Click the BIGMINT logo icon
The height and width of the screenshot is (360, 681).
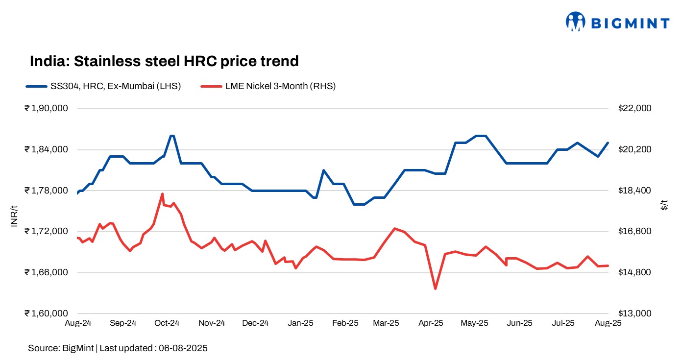coord(576,22)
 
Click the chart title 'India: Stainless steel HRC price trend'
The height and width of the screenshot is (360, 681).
coord(164,61)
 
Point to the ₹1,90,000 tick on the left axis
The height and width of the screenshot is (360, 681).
coord(46,108)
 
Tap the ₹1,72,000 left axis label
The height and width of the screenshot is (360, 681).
coord(46,232)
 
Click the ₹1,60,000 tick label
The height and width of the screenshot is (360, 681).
coord(46,313)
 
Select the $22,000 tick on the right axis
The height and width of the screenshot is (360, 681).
coord(635,108)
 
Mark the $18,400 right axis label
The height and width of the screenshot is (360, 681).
coord(635,191)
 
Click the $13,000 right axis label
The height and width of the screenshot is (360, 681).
coord(635,313)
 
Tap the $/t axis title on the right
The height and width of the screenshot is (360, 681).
coord(664,205)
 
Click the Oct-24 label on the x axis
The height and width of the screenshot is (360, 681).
coord(167,323)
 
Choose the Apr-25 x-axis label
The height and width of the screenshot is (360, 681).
coord(431,323)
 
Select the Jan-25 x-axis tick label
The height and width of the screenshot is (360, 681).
coord(300,323)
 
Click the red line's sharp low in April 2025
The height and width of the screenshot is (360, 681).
coord(435,288)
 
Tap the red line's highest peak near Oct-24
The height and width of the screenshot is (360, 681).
coord(162,194)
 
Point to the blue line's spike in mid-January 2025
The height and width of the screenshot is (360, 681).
coord(324,170)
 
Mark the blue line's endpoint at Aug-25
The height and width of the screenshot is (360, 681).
coord(608,143)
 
